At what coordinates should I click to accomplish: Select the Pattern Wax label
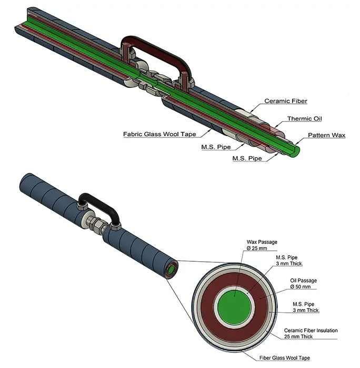tap(326, 135)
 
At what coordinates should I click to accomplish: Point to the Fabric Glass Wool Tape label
tap(159, 134)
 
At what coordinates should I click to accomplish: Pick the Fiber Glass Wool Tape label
tap(285, 358)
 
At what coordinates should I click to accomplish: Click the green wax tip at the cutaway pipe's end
tap(295, 151)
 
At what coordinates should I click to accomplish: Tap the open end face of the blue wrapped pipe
tap(172, 269)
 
